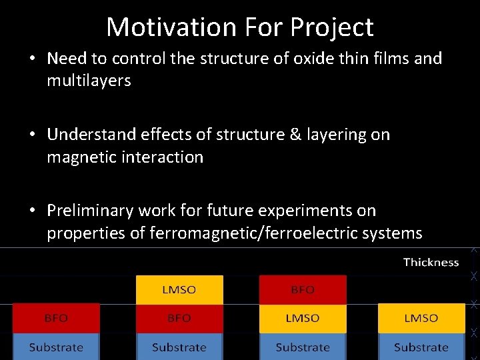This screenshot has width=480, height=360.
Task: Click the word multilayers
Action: click(89, 81)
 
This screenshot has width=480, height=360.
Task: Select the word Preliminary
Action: click(90, 211)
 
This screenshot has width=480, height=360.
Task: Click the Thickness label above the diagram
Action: click(431, 263)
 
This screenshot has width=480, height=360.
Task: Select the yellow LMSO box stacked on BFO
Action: click(179, 289)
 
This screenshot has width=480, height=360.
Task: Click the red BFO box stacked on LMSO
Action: click(303, 289)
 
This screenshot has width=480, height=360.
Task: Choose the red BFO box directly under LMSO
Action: click(179, 319)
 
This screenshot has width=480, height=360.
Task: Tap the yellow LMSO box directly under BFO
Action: click(303, 319)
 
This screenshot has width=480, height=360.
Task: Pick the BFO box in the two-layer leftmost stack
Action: click(56, 319)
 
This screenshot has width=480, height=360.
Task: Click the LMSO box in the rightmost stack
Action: click(421, 319)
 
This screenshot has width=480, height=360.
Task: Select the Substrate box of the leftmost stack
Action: click(56, 347)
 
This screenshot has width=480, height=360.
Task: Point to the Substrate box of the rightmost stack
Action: click(421, 347)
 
